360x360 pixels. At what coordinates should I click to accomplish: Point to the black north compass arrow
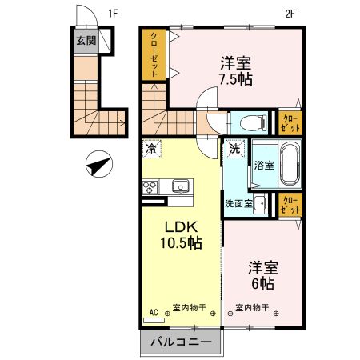click(98, 166)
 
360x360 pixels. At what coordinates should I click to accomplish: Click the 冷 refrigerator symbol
click(152, 148)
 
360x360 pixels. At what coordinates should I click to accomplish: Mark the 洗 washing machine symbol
click(234, 148)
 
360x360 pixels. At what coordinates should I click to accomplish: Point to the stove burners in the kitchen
click(151, 188)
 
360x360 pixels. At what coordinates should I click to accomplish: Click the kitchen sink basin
click(178, 187)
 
